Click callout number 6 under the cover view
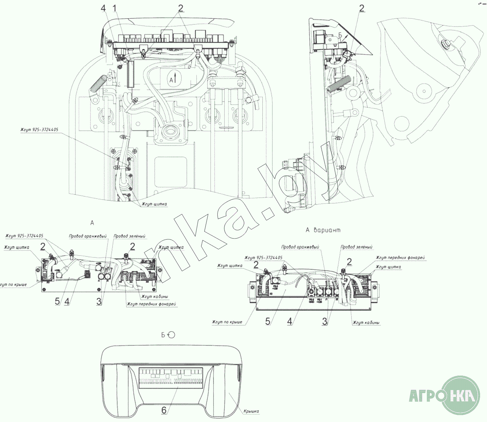point(164,410)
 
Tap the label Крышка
point(251,411)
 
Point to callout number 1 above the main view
point(115,8)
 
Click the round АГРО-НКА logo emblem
point(461,395)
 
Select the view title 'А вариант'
point(323,230)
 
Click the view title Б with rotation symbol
point(168,335)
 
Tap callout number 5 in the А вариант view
point(268,321)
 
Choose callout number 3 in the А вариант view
point(325,321)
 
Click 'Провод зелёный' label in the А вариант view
point(356,247)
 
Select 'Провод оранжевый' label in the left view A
point(88,236)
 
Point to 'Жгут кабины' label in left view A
point(154,296)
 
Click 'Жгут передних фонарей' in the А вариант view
point(400,257)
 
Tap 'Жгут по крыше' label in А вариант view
point(227,322)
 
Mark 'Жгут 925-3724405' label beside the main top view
point(39,130)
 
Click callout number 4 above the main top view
point(103,8)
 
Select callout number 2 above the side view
point(361,8)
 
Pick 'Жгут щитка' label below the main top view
point(154,204)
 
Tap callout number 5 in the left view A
point(57,301)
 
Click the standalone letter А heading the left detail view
point(92,223)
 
